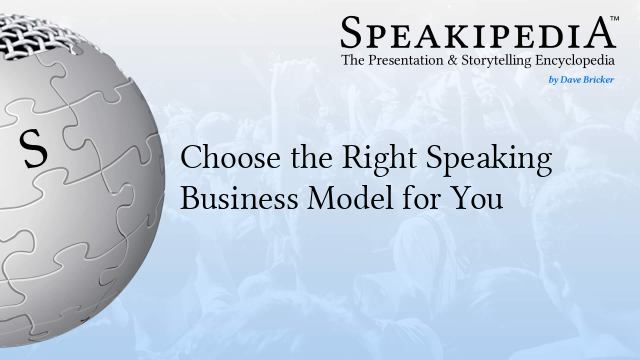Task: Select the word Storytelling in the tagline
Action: [x=510, y=62]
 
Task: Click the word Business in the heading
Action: [x=226, y=198]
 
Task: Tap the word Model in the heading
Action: [x=326, y=198]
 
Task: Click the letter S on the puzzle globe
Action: [x=34, y=151]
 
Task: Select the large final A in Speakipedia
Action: [x=600, y=34]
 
